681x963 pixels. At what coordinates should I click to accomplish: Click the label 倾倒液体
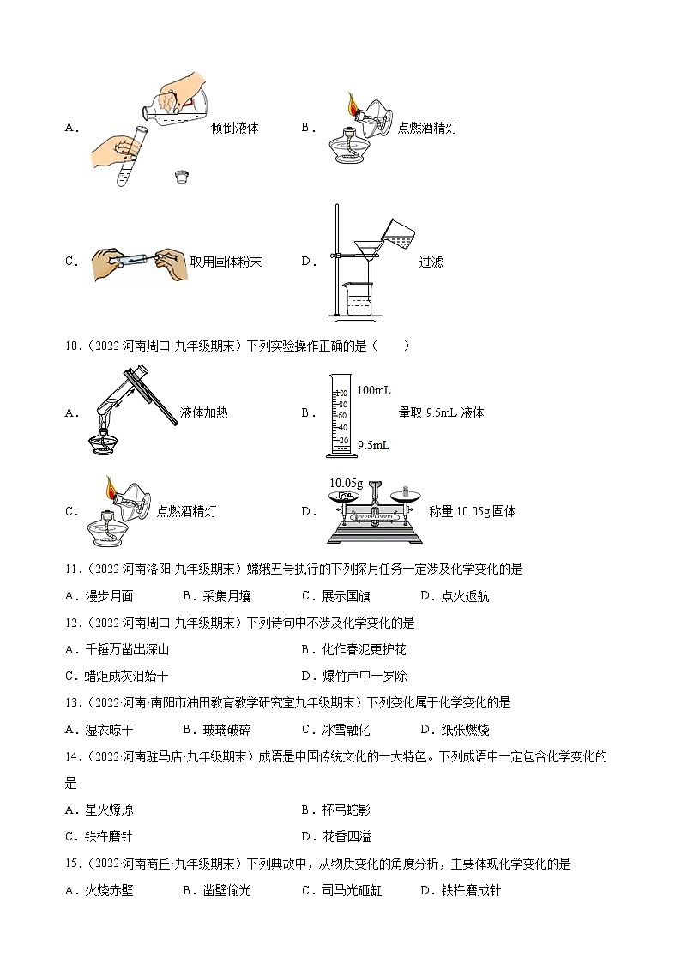pos(234,128)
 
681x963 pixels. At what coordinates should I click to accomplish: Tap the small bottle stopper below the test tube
pos(180,178)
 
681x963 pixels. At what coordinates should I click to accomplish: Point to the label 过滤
pos(431,262)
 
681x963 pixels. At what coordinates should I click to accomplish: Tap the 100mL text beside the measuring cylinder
pos(373,391)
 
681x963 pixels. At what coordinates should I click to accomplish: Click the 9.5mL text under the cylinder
pos(372,445)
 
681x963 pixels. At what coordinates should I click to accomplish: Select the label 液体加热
pos(204,412)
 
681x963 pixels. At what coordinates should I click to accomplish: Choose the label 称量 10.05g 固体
pos(472,512)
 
